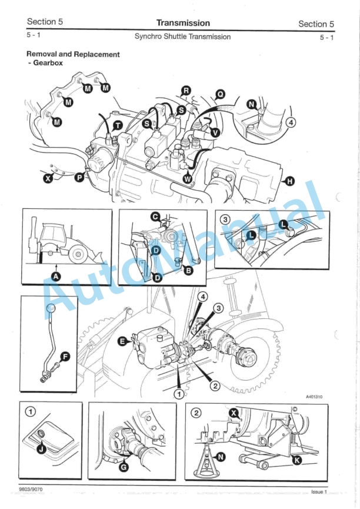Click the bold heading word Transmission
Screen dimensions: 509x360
[182, 23]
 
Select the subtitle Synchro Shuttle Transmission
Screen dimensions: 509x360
[182, 36]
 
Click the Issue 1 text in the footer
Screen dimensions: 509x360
[318, 491]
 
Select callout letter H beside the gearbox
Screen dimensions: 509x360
[289, 181]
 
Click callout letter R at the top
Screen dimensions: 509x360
[186, 91]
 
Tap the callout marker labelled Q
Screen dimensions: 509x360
[219, 94]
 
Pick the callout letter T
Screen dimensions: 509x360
[118, 125]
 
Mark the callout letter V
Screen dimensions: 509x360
[215, 133]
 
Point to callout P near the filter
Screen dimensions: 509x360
[79, 177]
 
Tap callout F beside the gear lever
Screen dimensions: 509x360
[65, 357]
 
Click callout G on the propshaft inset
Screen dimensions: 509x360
[124, 468]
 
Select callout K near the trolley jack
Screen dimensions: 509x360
[296, 460]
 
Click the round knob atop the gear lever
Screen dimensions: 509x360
[51, 308]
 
